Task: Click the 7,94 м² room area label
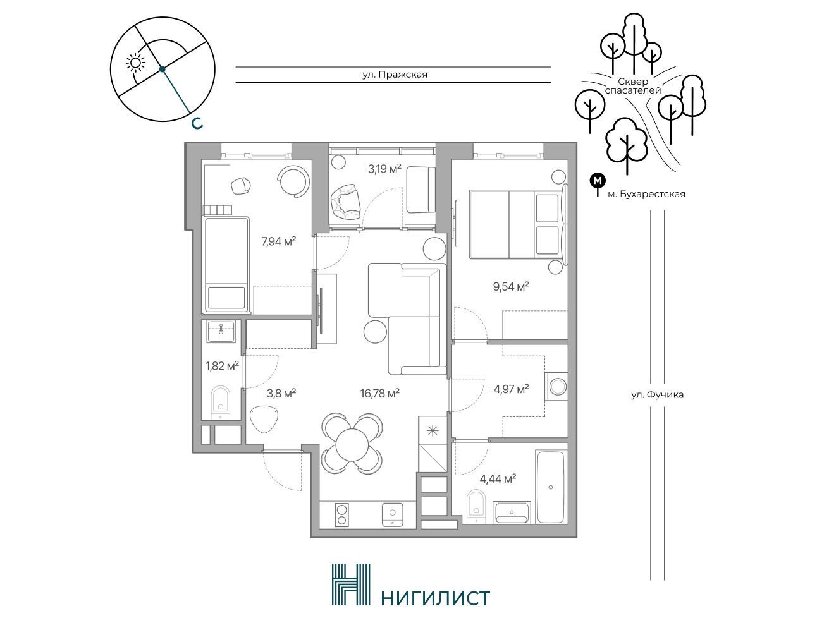pos(279,241)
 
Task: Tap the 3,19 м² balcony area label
pos(385,169)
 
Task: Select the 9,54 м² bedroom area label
pos(511,286)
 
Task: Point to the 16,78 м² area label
pos(379,393)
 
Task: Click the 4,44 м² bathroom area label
pos(498,479)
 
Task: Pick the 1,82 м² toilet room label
pos(222,366)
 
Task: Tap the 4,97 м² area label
pos(512,389)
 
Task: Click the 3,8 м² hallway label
pos(281,393)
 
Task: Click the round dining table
pos(352,444)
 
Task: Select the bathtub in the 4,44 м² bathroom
pos(551,487)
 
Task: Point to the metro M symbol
pos(598,181)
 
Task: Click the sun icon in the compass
pos(135,63)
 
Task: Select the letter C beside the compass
pos(197,123)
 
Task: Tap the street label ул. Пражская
pos(395,75)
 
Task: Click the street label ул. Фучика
pos(657,394)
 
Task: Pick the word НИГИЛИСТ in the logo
pos(436,598)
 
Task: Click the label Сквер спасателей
pos(633,85)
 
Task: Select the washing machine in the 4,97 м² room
pos(556,386)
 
